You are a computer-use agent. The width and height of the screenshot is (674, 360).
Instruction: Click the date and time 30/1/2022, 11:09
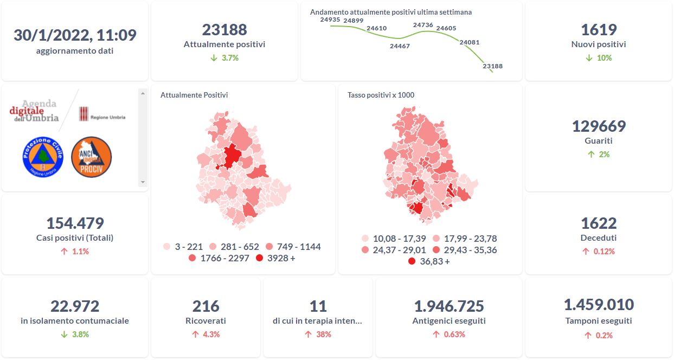tap(75, 35)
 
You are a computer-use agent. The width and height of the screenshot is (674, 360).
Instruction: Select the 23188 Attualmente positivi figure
tap(224, 30)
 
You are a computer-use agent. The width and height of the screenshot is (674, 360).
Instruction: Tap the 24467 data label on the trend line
tap(400, 46)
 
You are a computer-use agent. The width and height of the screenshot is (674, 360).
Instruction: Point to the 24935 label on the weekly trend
tap(330, 20)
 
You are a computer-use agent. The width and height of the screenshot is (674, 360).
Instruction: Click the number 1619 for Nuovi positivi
tap(599, 30)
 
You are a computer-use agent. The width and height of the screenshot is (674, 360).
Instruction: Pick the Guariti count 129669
tap(599, 126)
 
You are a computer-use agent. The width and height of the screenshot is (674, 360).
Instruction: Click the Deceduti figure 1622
tap(599, 223)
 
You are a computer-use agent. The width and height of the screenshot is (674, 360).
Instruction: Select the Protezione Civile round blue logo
tap(43, 157)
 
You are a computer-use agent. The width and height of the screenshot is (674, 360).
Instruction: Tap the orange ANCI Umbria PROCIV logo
tap(91, 157)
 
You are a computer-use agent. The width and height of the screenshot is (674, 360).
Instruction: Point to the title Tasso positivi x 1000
tap(381, 95)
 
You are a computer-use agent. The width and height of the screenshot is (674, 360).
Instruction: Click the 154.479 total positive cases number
tap(75, 223)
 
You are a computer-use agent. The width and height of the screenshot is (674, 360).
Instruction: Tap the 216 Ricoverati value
tap(206, 306)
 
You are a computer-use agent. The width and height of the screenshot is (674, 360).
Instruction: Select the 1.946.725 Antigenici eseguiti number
tap(449, 306)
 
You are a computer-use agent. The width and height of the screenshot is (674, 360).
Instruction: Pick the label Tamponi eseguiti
tap(599, 320)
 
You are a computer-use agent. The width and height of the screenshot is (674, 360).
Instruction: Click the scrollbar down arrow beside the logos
tap(143, 182)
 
